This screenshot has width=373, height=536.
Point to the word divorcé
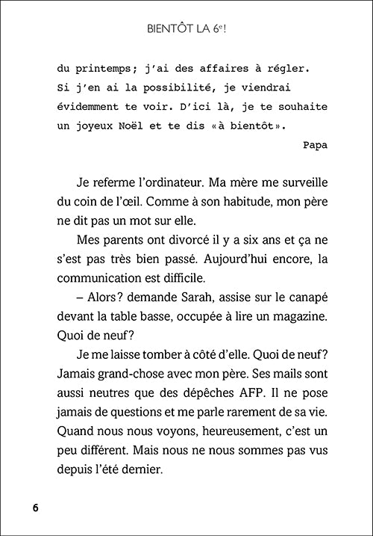[x=179, y=240]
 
